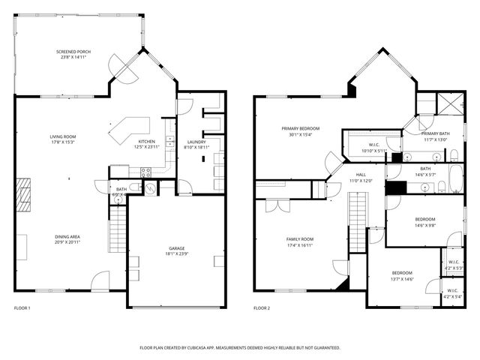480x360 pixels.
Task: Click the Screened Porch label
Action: click(x=73, y=52)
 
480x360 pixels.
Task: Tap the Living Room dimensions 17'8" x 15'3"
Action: click(x=63, y=142)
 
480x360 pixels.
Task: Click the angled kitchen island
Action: click(x=127, y=128)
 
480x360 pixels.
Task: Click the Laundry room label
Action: click(x=196, y=141)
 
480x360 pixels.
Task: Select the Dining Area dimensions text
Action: click(x=68, y=242)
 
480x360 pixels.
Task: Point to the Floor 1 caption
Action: click(x=22, y=308)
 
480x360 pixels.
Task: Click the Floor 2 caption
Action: click(x=261, y=308)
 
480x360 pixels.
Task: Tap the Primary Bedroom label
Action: click(x=300, y=128)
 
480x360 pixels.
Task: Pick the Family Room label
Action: click(x=300, y=238)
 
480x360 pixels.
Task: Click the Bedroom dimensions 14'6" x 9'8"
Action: click(x=425, y=224)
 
